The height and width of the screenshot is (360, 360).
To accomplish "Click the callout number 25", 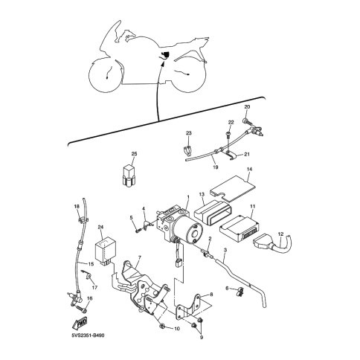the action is [x=134, y=154].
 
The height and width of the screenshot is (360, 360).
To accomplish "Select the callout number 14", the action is [x=249, y=169].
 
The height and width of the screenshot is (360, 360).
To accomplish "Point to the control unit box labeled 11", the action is [x=240, y=228].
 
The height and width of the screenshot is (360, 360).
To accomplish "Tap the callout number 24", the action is [x=100, y=227].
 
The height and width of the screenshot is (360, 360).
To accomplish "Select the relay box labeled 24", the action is [x=103, y=251].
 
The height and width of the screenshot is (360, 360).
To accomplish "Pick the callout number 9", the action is [x=202, y=337].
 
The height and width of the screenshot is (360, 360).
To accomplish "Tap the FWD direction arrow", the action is [x=80, y=323].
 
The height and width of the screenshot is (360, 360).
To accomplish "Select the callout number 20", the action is [x=247, y=107].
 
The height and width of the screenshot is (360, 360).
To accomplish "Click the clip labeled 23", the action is [x=188, y=150].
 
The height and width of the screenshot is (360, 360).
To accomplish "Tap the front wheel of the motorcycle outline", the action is [x=106, y=76].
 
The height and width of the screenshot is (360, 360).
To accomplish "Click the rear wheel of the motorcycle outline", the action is [x=189, y=74].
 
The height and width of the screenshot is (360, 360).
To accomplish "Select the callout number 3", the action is [x=225, y=251].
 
